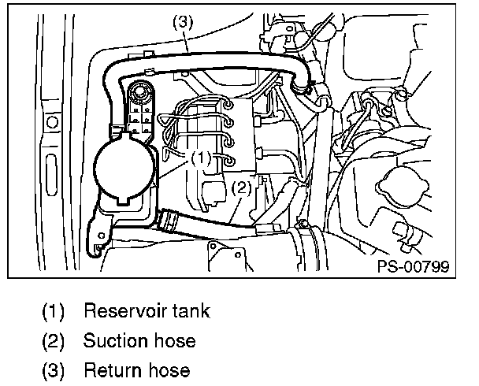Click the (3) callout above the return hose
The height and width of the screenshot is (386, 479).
(x=183, y=24)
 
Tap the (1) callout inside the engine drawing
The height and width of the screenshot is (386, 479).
(x=202, y=157)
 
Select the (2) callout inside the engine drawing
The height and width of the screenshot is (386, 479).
(x=241, y=187)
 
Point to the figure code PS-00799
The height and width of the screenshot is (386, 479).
(x=413, y=266)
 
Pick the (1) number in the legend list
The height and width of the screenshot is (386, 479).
(x=54, y=310)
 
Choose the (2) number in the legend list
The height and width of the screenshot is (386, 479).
(x=54, y=340)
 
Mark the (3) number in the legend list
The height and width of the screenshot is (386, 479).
(x=54, y=369)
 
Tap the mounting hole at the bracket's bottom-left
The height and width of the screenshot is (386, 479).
(x=97, y=247)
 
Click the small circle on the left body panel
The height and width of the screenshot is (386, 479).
(x=51, y=123)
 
